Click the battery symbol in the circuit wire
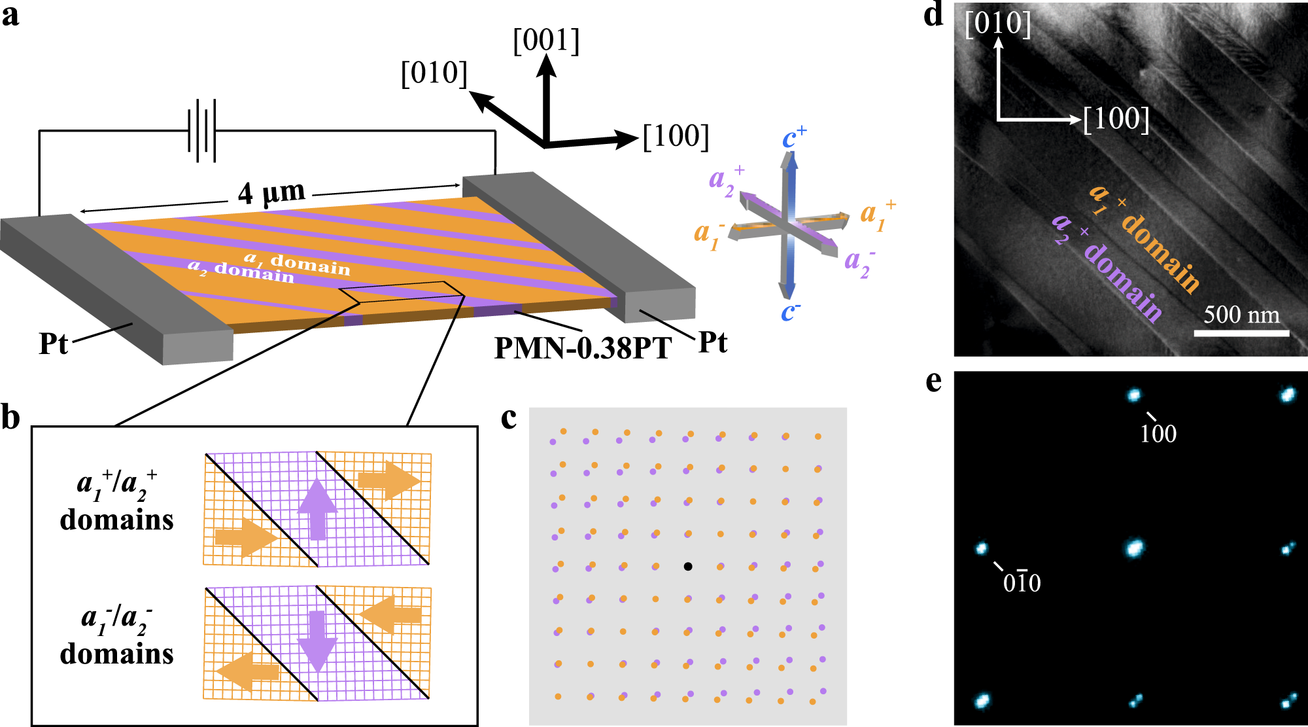coord(202,130)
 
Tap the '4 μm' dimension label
coord(271,192)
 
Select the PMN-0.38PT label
coord(583,347)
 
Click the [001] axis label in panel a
coord(546,40)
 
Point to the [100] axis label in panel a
coord(676,135)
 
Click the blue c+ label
coord(794,137)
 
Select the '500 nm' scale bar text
coord(1241,315)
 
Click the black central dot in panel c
coord(688,566)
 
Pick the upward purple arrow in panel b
coord(317,508)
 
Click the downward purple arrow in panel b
coord(317,641)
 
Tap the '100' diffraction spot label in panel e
coord(1158,433)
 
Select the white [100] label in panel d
coord(1116,118)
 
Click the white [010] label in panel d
coord(997,23)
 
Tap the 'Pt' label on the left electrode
coord(53,344)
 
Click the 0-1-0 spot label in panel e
coord(1022,582)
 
